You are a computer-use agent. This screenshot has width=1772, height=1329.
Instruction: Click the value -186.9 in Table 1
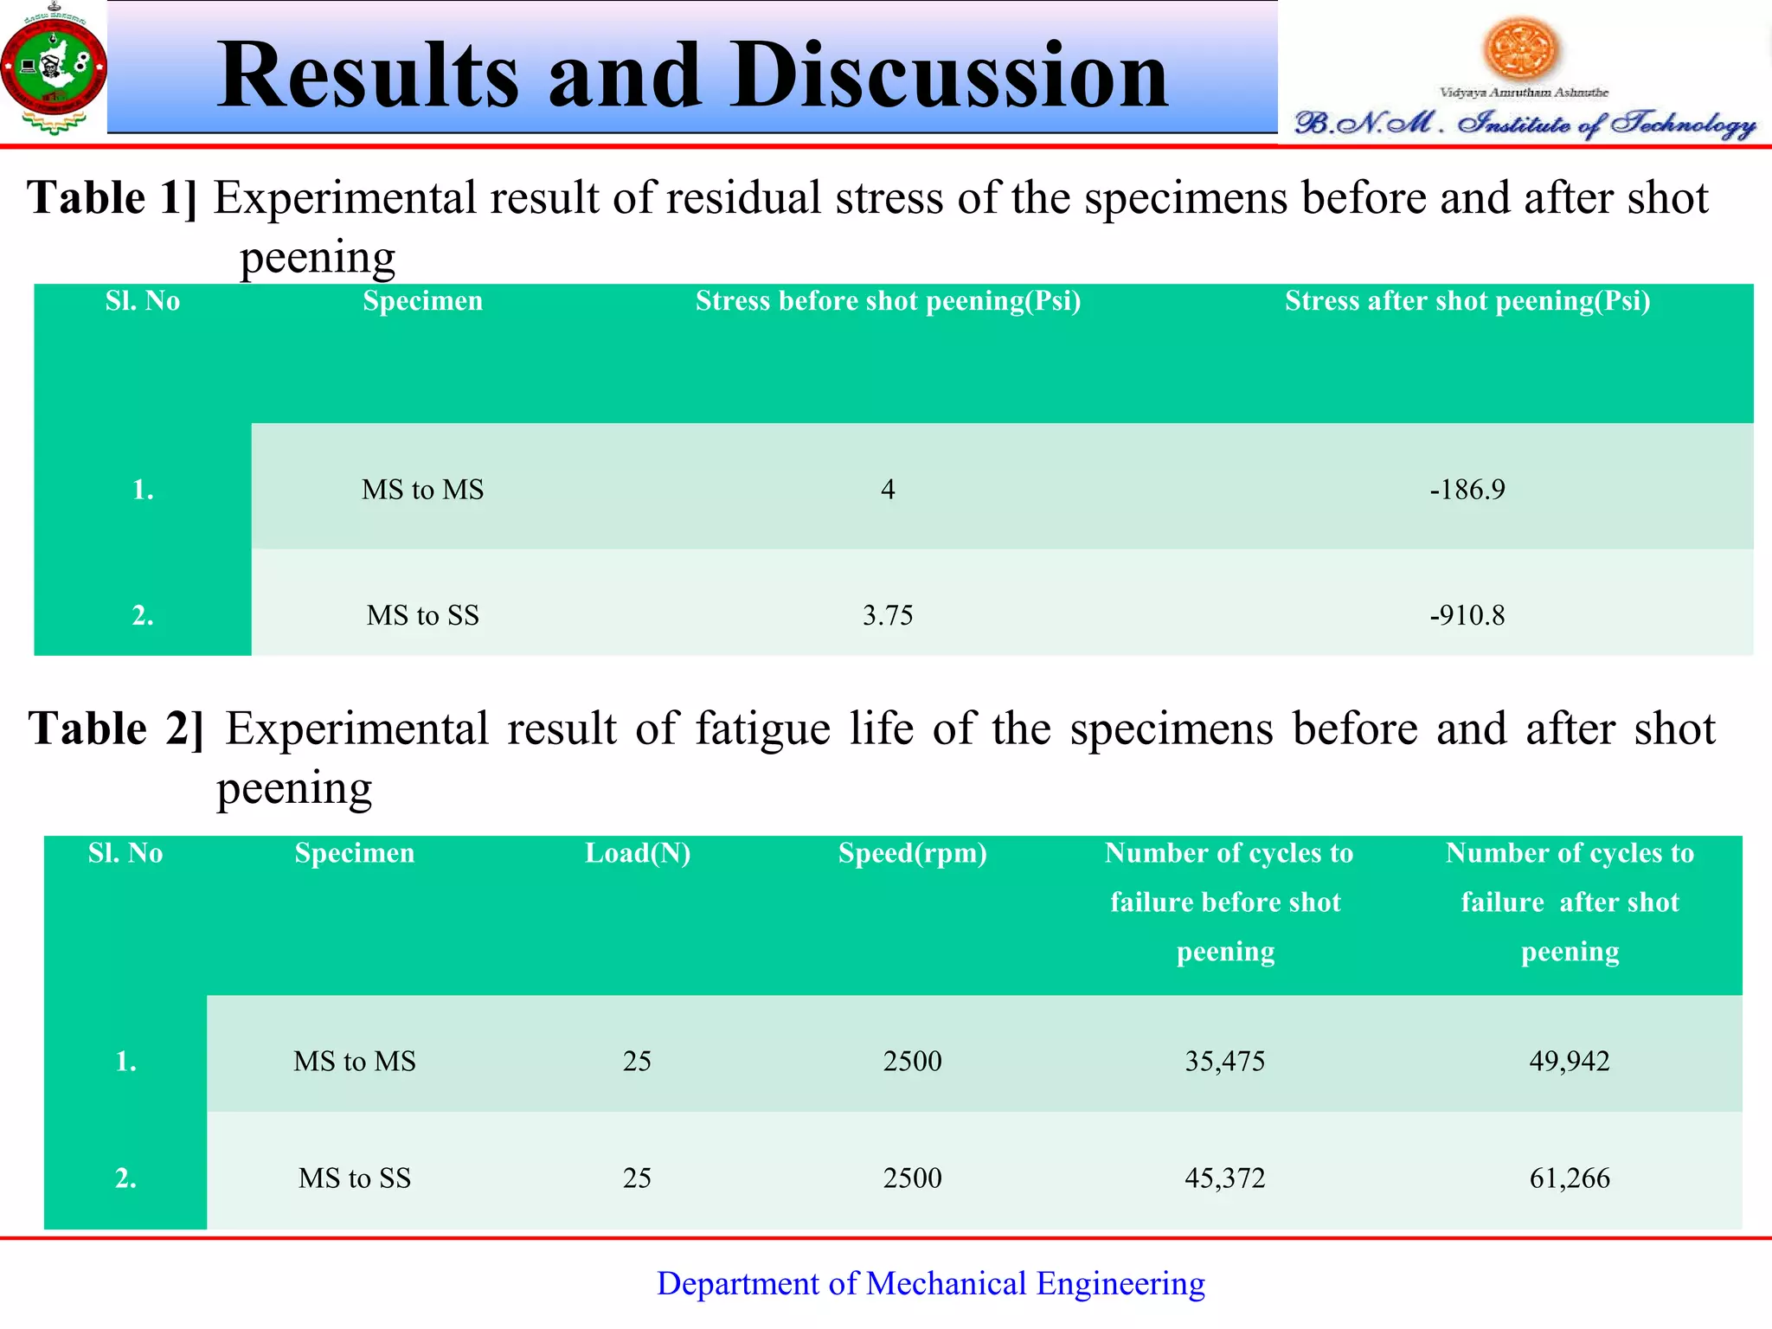(1467, 490)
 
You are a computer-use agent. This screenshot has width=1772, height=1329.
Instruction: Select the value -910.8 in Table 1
(1467, 615)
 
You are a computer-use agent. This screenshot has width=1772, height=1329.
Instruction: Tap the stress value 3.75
(888, 615)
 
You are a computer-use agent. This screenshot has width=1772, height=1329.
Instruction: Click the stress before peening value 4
(888, 490)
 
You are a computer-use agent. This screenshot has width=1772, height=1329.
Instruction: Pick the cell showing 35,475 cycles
(1224, 1061)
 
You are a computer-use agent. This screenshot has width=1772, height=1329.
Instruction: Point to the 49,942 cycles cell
(1569, 1061)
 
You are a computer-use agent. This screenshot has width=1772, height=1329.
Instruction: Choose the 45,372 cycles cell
(1224, 1178)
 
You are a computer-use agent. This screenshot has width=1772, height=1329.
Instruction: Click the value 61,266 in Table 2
(1569, 1178)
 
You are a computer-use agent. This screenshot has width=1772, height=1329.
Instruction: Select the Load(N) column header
(638, 853)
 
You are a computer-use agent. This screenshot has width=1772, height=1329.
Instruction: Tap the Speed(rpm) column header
(912, 853)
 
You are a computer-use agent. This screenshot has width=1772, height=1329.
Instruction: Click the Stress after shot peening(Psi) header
(1467, 301)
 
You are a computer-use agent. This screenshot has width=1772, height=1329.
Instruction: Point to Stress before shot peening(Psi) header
(888, 301)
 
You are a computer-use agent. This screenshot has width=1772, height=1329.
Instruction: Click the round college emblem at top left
(54, 68)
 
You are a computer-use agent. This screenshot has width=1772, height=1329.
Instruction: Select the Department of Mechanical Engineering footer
(930, 1283)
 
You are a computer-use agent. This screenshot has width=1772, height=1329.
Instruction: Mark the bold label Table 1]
(112, 198)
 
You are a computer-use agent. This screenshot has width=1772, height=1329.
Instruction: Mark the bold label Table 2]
(116, 729)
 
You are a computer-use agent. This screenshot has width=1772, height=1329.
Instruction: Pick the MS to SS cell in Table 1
(422, 615)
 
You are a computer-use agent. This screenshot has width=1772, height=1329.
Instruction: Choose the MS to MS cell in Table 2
(354, 1061)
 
